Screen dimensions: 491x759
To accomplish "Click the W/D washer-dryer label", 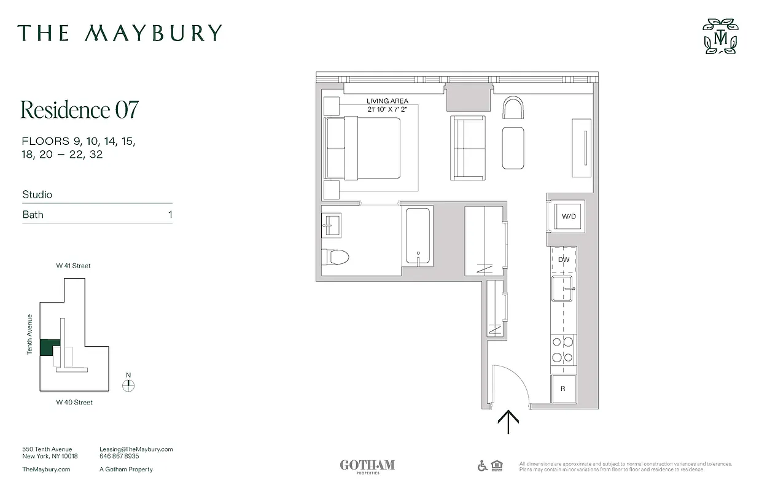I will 569,217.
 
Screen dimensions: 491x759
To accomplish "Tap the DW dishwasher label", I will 564,260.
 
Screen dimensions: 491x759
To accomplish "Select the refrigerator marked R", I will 563,389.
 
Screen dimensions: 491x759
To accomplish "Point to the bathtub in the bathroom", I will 418,236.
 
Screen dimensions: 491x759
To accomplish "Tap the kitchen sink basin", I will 562,288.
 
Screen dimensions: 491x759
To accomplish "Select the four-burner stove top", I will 562,350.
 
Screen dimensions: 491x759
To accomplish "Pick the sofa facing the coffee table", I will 468,147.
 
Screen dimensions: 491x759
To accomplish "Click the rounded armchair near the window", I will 513,109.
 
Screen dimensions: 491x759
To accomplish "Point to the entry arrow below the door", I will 508,422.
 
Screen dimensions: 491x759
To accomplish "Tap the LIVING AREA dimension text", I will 387,105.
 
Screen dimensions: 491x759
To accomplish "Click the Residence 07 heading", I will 80,109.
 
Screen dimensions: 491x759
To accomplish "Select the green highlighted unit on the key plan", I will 50,348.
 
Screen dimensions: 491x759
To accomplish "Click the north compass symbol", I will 128,385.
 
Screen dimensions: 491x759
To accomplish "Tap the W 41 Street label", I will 74,266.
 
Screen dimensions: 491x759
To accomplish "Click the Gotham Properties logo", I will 367,466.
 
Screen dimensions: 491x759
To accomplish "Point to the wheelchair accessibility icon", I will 483,466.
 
